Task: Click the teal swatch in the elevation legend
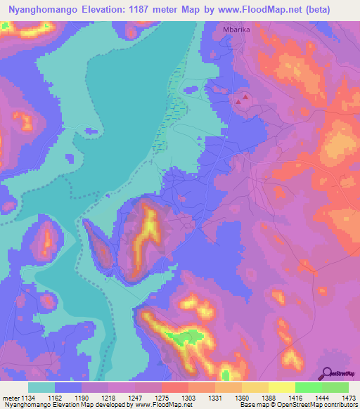point(41,387)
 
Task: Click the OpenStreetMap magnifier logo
point(326,372)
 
